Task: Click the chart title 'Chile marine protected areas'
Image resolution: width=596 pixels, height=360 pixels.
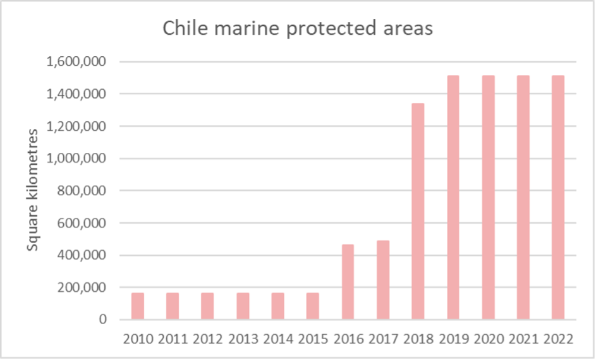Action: coord(298,29)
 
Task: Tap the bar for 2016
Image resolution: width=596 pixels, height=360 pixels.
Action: coord(348,282)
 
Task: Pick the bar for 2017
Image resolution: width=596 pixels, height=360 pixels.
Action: coord(383,280)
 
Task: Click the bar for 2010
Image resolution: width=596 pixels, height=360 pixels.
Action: coord(138,306)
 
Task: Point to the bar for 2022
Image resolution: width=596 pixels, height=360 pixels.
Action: coord(557,197)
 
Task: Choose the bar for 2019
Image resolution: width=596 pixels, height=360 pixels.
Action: coord(453,197)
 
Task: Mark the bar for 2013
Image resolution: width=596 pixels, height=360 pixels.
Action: coord(243,306)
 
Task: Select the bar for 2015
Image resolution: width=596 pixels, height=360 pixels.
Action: coord(313,306)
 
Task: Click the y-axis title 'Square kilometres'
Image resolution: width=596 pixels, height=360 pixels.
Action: coord(33,189)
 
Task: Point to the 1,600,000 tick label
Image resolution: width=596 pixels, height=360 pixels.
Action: coord(75,62)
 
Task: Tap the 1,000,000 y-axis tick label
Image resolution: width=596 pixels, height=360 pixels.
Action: coord(75,159)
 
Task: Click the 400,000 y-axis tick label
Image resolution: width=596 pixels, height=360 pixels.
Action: coord(79,255)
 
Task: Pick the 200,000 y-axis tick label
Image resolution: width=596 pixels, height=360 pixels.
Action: coord(79,287)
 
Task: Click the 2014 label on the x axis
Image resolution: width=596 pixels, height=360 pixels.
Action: coord(277,339)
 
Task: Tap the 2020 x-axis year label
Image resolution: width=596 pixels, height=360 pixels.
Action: coord(487,339)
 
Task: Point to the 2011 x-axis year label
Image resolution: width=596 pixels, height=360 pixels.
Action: coord(173,339)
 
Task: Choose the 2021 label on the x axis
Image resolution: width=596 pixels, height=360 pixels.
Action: coord(523,339)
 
